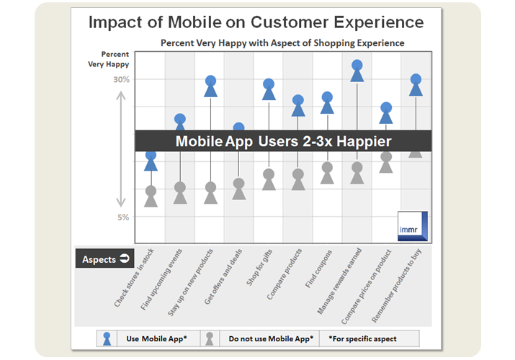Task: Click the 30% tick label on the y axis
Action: pyautogui.click(x=121, y=79)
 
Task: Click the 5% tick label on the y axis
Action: pyautogui.click(x=123, y=217)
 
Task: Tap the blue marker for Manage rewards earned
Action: pyautogui.click(x=357, y=71)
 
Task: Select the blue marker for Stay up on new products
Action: pyautogui.click(x=210, y=86)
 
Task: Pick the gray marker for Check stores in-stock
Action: pyautogui.click(x=151, y=197)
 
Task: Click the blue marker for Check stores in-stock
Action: pyautogui.click(x=151, y=161)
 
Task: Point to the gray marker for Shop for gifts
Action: pyautogui.click(x=269, y=179)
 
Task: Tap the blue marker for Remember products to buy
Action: pyautogui.click(x=416, y=85)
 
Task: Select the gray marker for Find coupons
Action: pyautogui.click(x=327, y=173)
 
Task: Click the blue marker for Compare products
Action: pyautogui.click(x=298, y=106)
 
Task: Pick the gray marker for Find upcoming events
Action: pyautogui.click(x=180, y=193)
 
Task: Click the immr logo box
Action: pyautogui.click(x=413, y=226)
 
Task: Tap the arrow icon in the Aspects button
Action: pyautogui.click(x=125, y=258)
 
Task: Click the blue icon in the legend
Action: pyautogui.click(x=107, y=338)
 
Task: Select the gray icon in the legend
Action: pyautogui.click(x=210, y=338)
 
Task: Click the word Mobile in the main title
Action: pyautogui.click(x=194, y=22)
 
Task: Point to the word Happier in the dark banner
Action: pyautogui.click(x=364, y=141)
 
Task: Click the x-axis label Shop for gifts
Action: pyautogui.click(x=259, y=267)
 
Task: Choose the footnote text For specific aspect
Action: pyautogui.click(x=364, y=338)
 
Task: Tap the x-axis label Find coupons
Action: pyautogui.click(x=318, y=269)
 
